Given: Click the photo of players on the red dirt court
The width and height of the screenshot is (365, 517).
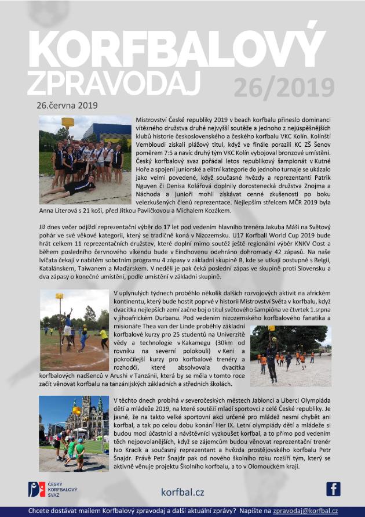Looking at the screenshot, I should [74, 330].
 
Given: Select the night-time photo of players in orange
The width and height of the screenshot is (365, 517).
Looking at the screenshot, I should [291, 355].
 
